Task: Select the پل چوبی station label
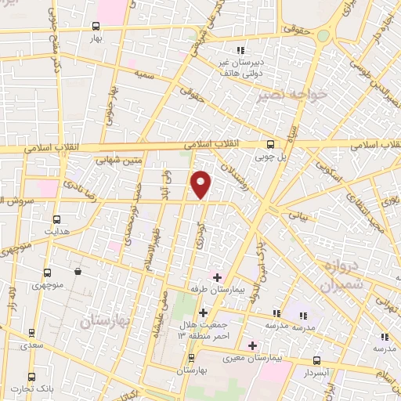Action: click(269, 156)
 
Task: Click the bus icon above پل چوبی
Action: click(269, 144)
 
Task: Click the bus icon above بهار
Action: click(96, 26)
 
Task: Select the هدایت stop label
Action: click(56, 232)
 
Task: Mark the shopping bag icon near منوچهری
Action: click(78, 272)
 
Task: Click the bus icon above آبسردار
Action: click(317, 361)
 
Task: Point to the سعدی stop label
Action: click(32, 345)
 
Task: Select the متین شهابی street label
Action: click(115, 161)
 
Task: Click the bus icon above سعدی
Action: click(32, 333)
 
